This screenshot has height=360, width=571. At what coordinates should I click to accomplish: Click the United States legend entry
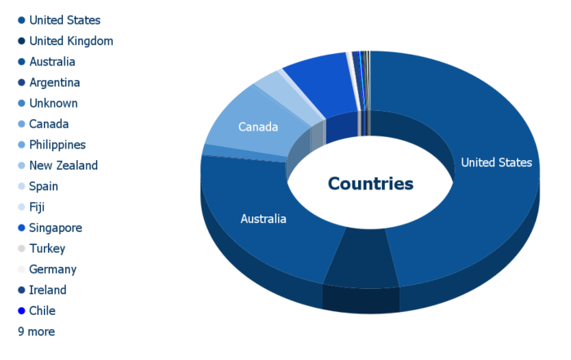60,20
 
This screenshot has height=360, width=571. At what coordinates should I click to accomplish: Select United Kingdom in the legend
65,41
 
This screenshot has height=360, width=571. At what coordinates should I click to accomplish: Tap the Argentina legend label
49,82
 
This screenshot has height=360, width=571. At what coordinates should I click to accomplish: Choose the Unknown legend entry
47,103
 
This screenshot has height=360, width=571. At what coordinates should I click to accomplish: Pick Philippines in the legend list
51,144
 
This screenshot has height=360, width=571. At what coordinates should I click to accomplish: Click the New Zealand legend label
58,166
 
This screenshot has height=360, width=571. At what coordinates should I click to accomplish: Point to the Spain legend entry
38,186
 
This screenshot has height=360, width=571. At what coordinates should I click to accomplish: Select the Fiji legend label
31,207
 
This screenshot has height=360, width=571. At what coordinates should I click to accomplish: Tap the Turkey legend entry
42,248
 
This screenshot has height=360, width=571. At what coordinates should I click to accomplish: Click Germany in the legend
47,269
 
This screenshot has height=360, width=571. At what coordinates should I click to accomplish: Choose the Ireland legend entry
42,290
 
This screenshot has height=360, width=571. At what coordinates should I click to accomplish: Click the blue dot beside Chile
21,311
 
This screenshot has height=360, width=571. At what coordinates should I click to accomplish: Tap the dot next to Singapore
21,228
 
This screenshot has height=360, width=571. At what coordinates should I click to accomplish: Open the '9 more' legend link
37,331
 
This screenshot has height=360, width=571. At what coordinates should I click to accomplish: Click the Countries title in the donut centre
370,184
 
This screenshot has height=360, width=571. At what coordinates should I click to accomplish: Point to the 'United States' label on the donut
496,162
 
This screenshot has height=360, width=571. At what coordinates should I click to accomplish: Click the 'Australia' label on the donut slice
263,219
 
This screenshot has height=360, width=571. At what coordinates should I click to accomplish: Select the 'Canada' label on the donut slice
258,127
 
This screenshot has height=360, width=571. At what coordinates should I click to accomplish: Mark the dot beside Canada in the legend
21,124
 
